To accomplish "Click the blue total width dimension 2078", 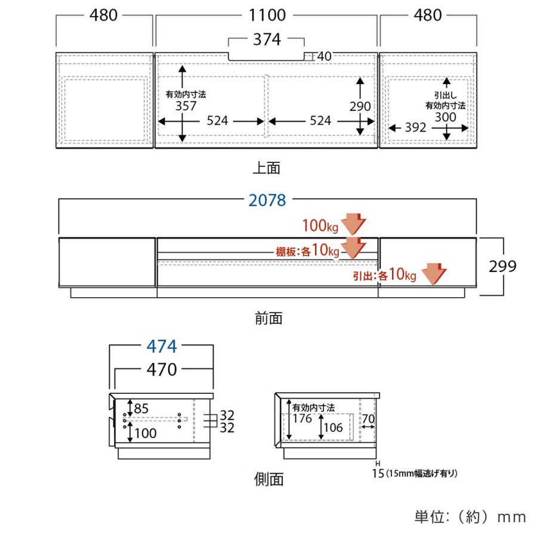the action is [267, 200].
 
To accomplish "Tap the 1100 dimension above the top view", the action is [267, 16].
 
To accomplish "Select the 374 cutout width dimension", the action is [267, 39].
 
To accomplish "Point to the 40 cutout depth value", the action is [325, 56].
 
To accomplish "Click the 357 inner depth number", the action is [186, 106].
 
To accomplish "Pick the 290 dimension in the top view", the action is [360, 107].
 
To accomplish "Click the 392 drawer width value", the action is [415, 128].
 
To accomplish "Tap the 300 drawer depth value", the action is [446, 117].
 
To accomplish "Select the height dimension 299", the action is [502, 267].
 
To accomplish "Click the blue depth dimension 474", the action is [162, 346].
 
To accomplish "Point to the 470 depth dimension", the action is [162, 369].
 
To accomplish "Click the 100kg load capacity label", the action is [320, 226].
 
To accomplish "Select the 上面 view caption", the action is [267, 168].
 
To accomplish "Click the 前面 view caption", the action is [268, 319].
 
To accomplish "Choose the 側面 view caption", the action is [268, 479].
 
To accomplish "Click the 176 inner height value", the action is [302, 418].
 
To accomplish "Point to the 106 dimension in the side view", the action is [333, 427].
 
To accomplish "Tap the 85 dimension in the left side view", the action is [141, 408].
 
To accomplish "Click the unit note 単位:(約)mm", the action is [470, 517].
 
